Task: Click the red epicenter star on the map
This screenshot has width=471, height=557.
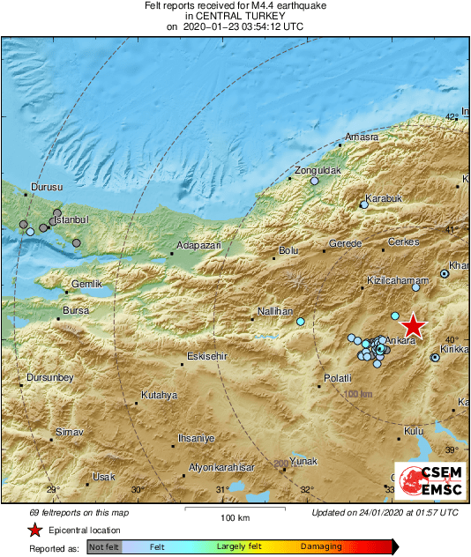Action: coord(413,326)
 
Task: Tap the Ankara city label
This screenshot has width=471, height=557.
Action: coord(401,338)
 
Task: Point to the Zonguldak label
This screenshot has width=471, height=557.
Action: coord(317,169)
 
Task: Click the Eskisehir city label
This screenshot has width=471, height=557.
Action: coord(208,356)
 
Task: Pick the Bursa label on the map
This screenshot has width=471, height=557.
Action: coord(77,311)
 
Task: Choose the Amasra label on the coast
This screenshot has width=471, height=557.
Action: coord(362,137)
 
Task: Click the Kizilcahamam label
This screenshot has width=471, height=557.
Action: coord(391,280)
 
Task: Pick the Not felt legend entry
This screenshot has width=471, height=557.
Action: coord(104,546)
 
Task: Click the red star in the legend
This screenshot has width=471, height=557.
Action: coord(34,530)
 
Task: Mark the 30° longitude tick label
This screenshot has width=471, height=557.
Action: coord(137,490)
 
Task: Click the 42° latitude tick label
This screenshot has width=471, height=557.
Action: coord(452,116)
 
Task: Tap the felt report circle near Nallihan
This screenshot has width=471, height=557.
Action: coord(301,322)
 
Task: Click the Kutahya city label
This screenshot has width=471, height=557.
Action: coord(160,395)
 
